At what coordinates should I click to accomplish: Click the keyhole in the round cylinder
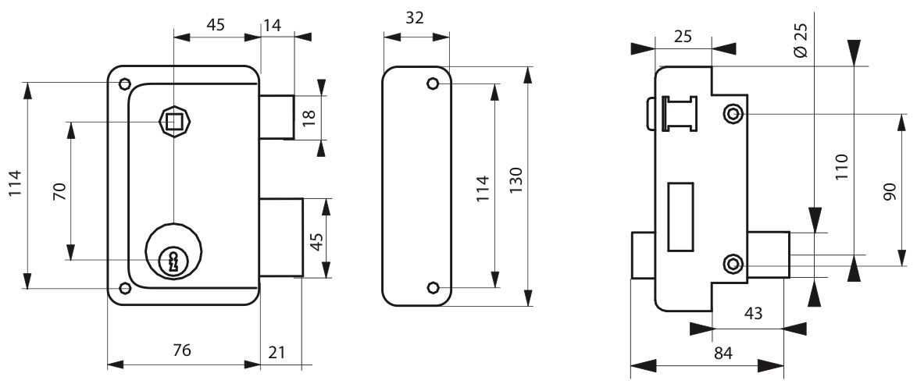pos(173,261)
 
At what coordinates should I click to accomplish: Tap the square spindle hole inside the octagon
pos(173,123)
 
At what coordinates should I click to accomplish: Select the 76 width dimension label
pos(182,350)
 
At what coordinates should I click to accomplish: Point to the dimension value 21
pos(276,353)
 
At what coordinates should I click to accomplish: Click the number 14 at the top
pos(273,25)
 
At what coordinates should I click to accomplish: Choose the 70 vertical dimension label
pos(60,192)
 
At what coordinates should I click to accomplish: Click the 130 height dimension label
pos(516,181)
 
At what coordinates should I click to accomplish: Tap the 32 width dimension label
pos(415,18)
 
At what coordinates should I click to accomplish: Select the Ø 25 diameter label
pos(801,40)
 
